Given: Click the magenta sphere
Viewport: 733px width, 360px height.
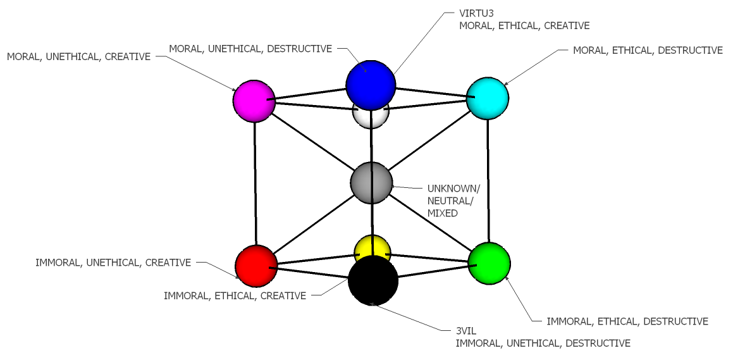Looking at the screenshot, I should [x=254, y=101].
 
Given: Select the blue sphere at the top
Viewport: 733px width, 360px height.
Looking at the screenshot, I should [x=371, y=85].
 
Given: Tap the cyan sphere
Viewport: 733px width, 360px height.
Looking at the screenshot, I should [x=488, y=99].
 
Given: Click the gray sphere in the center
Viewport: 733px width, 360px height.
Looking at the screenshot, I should [x=371, y=183].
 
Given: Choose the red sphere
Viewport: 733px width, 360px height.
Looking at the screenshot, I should [x=256, y=266].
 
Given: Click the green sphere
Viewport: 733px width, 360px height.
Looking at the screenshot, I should [x=490, y=263].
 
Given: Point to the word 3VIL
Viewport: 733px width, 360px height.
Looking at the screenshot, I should [x=467, y=330].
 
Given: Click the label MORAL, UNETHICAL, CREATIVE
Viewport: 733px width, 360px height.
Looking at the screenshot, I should [x=78, y=57].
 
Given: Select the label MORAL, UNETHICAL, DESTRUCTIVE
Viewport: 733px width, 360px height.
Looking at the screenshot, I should [x=250, y=49].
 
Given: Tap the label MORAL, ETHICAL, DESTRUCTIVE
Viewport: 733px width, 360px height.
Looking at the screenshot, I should [x=648, y=50].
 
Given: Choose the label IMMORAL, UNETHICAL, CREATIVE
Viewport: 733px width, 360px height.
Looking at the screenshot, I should [x=113, y=263].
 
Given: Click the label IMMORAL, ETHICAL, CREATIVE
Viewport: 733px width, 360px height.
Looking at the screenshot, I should [x=235, y=295].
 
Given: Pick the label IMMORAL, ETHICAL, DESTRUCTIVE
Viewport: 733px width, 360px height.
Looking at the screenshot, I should [x=627, y=321].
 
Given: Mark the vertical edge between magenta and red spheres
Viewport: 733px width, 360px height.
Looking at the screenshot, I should [x=255, y=183].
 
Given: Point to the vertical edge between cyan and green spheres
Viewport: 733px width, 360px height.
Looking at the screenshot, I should [x=488, y=181].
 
